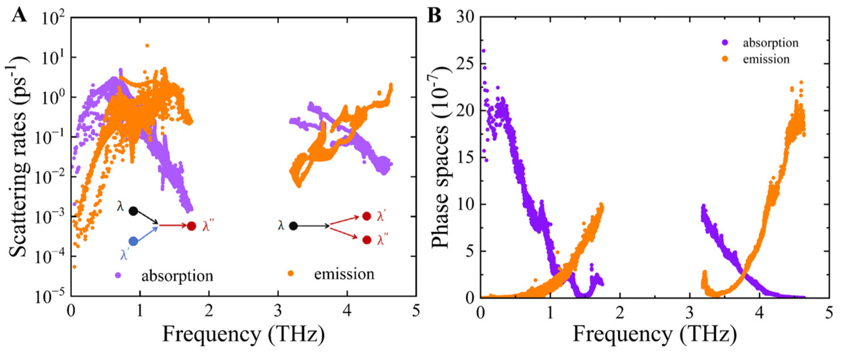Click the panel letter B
point(434,16)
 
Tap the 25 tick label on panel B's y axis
point(466,64)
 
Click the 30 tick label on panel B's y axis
point(466,17)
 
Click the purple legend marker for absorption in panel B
point(725,43)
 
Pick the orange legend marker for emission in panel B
point(725,59)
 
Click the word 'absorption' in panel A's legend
point(177,276)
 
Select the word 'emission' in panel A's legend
point(344,274)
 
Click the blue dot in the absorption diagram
point(133,242)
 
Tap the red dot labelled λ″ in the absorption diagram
point(191,226)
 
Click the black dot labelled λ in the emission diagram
point(293,226)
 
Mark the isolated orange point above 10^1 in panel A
point(147,46)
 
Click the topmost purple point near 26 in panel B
point(483,51)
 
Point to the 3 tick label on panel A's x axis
point(278,311)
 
